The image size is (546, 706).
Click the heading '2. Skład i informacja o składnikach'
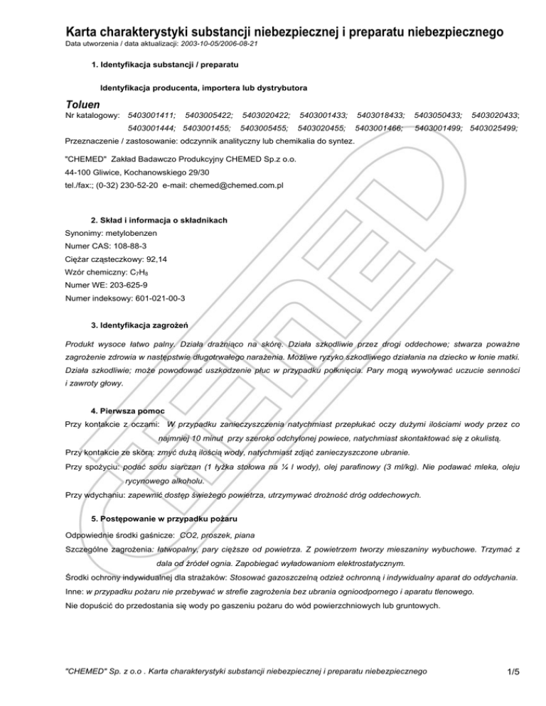159,221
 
